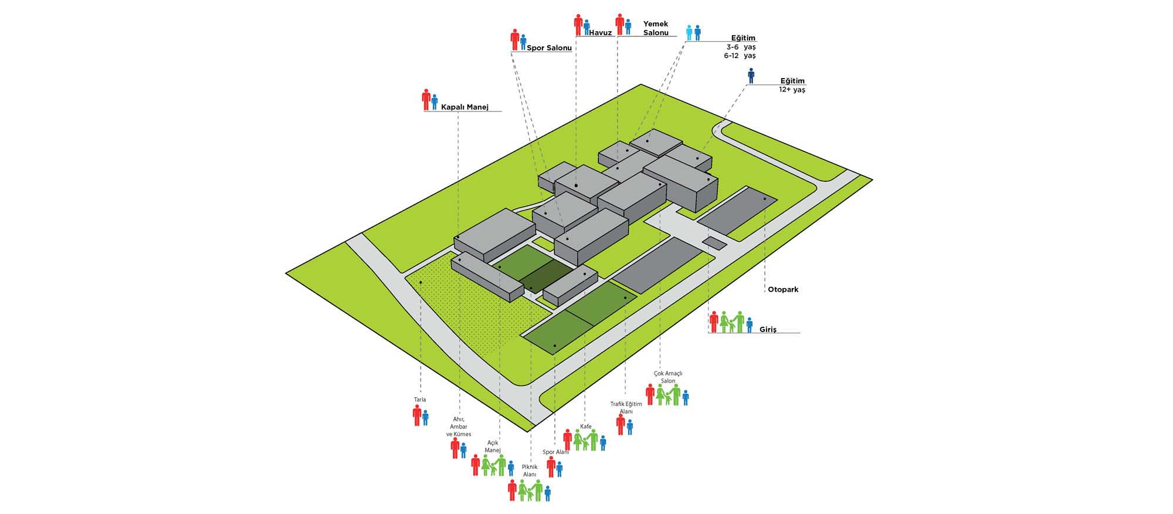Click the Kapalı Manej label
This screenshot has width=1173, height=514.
465,107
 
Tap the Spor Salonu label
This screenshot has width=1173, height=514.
549,48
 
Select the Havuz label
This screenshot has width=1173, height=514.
601,33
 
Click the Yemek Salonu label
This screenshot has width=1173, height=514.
656,28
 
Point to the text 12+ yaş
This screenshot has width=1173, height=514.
792,90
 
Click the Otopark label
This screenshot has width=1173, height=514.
783,289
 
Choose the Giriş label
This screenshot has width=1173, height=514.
768,330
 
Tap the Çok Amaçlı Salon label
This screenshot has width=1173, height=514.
668,377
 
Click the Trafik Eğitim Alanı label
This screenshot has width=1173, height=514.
626,407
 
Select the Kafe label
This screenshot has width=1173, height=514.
586,427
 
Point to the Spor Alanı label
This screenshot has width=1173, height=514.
555,452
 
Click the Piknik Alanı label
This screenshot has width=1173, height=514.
530,470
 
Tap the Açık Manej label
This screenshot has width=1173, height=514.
493,447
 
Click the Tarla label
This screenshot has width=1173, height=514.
420,400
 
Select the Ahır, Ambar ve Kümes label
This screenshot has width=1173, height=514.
459,427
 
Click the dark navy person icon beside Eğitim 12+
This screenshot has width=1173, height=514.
751,76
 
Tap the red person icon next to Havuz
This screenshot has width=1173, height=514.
578,24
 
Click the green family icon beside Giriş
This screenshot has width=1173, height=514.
731,322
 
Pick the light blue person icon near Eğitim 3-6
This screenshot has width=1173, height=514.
689,32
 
